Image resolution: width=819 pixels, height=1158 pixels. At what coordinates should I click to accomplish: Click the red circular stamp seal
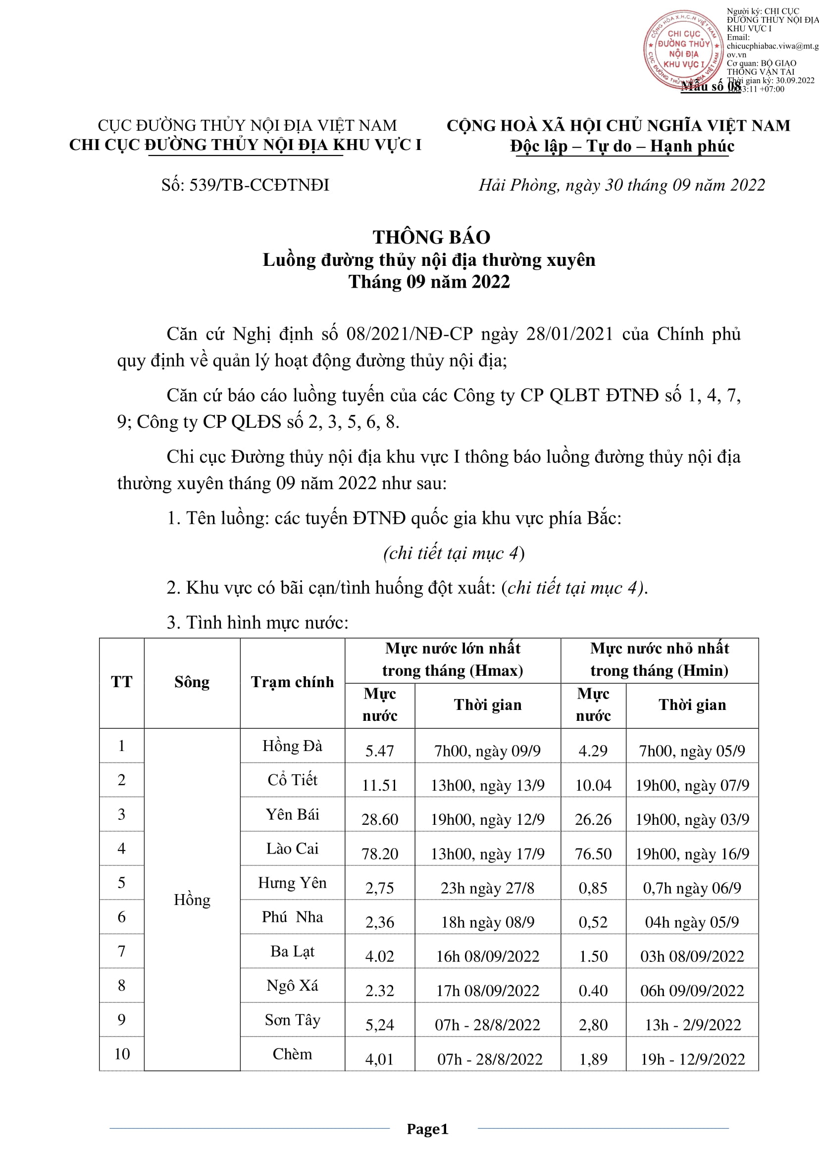(x=683, y=50)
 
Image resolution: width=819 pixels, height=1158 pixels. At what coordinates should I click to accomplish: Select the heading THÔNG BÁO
(x=431, y=237)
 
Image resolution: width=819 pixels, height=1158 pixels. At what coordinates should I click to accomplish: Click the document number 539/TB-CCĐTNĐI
(x=245, y=185)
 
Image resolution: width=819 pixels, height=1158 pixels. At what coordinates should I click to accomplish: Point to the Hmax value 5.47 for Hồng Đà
(x=379, y=751)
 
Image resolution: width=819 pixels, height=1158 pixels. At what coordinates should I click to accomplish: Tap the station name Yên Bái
(x=292, y=814)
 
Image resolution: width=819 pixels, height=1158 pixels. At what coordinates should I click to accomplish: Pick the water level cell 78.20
(x=379, y=854)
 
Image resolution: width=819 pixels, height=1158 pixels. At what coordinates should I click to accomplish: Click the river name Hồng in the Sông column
(x=192, y=899)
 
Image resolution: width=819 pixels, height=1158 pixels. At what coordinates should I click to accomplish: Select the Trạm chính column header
(x=292, y=682)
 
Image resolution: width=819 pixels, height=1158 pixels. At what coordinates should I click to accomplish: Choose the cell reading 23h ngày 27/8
(x=487, y=888)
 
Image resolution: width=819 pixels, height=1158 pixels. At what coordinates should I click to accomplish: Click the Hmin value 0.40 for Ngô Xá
(x=593, y=991)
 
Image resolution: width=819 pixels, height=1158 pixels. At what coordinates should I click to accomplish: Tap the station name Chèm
(x=292, y=1054)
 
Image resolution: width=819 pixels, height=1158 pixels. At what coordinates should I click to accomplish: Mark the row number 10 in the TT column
(x=121, y=1054)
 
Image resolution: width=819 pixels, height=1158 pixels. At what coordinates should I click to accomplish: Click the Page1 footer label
(x=427, y=1129)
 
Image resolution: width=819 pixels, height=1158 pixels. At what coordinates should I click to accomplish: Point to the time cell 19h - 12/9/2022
(x=692, y=1059)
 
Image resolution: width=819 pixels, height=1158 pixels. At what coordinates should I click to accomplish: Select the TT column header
(x=121, y=682)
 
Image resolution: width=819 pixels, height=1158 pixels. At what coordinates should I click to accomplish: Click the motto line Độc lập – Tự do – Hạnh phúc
(x=622, y=146)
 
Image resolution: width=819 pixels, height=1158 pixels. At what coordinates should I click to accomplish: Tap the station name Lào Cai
(x=292, y=849)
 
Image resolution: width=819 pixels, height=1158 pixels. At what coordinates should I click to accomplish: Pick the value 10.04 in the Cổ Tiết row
(x=593, y=785)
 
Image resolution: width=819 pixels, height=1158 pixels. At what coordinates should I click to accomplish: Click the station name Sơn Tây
(x=292, y=1020)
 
